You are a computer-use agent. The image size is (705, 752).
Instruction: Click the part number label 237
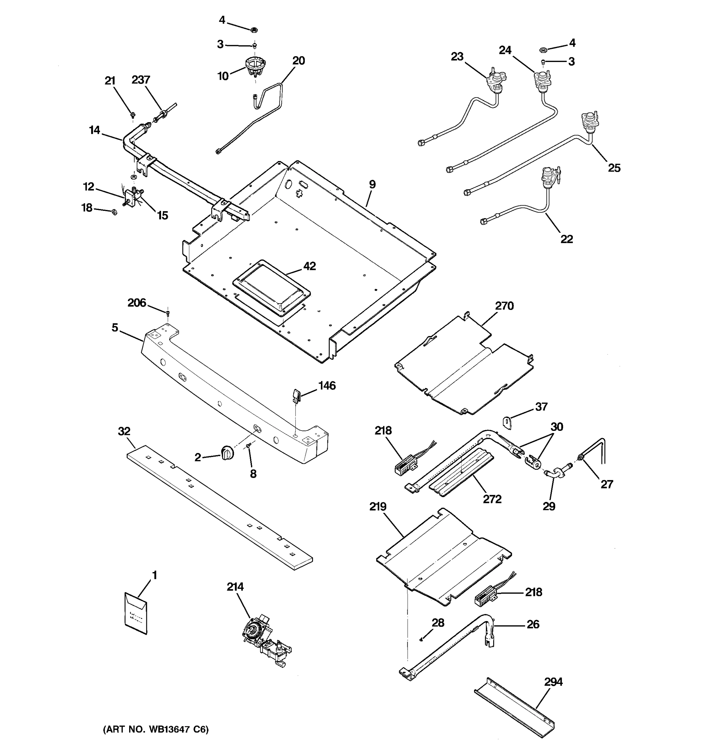141,80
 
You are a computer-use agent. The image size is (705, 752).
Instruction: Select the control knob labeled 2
227,453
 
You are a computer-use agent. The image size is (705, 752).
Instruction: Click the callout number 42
309,266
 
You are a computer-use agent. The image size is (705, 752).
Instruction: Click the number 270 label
504,305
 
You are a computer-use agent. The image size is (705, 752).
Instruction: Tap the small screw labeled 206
168,312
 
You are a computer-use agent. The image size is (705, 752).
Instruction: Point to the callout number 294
553,681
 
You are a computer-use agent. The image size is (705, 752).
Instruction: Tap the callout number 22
566,239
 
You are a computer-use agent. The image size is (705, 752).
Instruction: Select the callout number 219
378,506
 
